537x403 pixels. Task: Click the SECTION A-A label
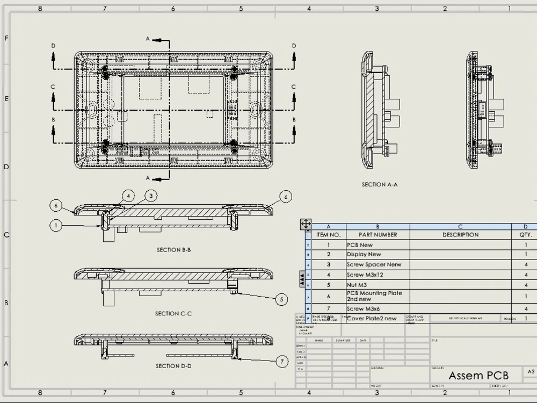pos(379,184)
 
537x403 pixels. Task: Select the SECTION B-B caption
pos(173,250)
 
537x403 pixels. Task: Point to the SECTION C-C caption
pos(173,313)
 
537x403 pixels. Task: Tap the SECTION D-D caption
pos(173,366)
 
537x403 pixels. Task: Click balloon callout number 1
pos(56,226)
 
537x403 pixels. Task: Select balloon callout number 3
pos(151,196)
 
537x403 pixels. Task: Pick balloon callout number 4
pos(128,196)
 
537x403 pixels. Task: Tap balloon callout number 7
pos(282,362)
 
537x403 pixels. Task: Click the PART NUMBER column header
pos(378,235)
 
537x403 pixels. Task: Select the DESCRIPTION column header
pos(460,235)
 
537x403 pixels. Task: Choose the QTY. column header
pos(526,235)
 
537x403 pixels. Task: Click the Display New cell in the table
pos(364,255)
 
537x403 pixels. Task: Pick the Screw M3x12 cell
pos(365,275)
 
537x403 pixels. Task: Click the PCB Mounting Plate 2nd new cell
pos(374,296)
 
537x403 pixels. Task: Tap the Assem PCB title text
pos(478,375)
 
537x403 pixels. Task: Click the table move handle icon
pos(306,224)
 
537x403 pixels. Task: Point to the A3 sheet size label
pos(531,371)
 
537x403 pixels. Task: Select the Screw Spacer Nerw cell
pos(374,264)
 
